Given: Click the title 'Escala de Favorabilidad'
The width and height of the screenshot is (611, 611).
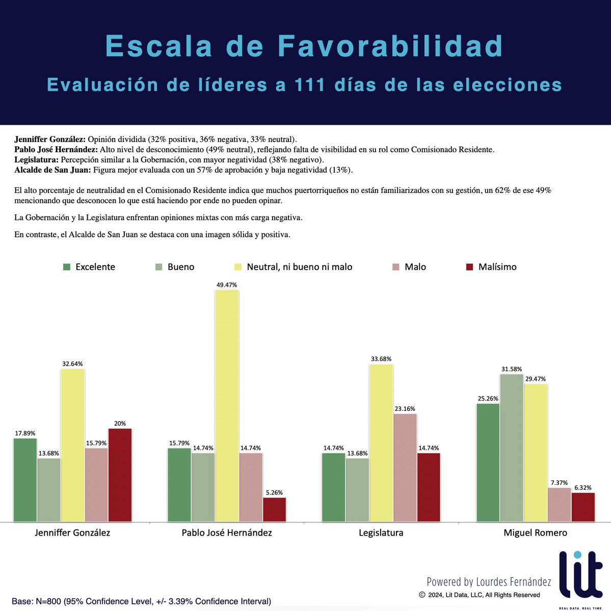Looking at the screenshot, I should pos(304,46).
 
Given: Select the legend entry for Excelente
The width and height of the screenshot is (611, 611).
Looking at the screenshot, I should pos(89,267).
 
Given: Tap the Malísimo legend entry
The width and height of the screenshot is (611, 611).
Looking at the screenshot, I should pos(491,267).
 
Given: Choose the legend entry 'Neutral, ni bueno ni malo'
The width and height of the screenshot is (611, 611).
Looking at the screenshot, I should pos(293,267).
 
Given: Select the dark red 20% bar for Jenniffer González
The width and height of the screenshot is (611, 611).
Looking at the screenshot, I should pos(120,475).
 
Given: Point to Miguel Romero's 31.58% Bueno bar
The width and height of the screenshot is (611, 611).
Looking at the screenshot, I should pos(512,448).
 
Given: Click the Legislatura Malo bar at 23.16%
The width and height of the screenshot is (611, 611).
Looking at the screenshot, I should pos(405,467).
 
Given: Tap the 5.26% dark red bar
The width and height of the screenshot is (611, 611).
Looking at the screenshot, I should pos(274,509).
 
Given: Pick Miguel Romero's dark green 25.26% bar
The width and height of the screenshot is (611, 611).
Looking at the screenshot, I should pos(488,462).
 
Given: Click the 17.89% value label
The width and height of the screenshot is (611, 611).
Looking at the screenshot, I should pos(25,433).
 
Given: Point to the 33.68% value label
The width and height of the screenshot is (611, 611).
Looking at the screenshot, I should pos(381,359).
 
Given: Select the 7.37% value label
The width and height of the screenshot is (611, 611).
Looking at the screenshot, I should pos(559,483).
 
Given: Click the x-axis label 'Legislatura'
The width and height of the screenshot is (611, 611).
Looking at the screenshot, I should pos(381,533).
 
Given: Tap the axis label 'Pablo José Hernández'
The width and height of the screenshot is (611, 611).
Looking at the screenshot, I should pos(227,533).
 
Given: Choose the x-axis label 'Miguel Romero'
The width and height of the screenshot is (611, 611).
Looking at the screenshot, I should pos(535,533).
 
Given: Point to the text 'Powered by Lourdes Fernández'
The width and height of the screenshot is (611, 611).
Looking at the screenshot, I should pos(489,581).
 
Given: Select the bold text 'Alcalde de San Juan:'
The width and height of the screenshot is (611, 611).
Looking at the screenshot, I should pos(52,170).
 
